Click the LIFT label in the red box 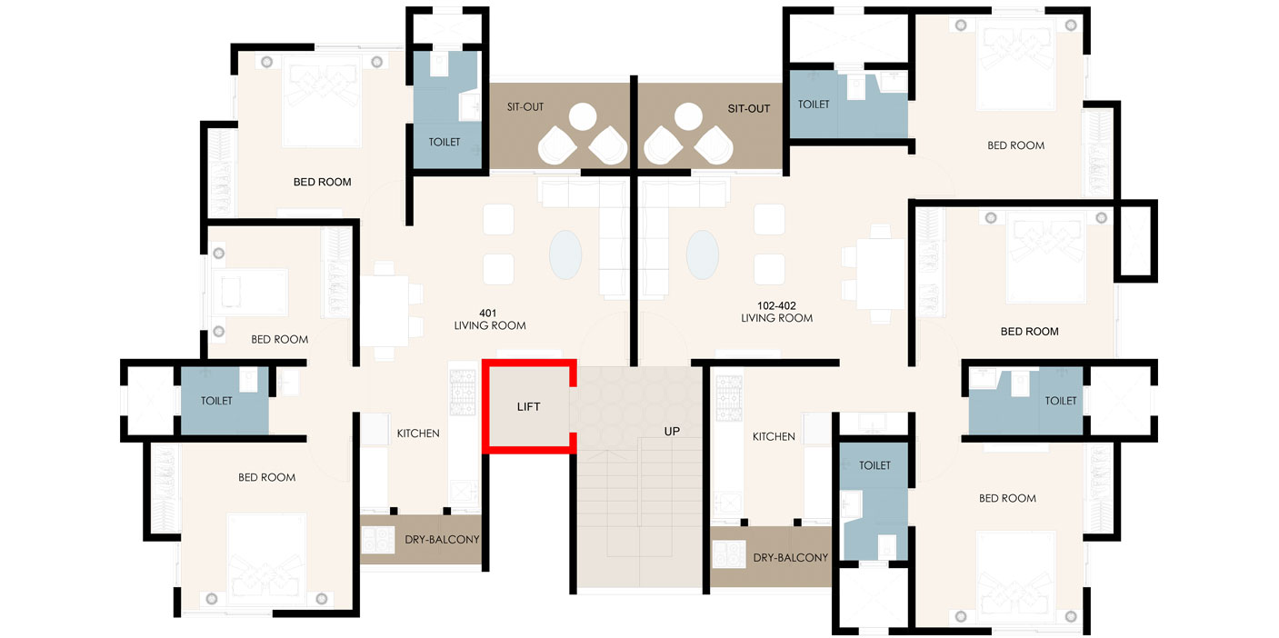click(x=528, y=407)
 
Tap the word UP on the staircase click(x=672, y=432)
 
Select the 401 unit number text click(x=487, y=314)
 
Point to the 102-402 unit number click(x=776, y=306)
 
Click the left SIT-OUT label click(x=525, y=106)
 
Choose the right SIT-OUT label click(x=748, y=108)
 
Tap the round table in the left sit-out click(x=583, y=116)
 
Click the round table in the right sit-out click(x=688, y=116)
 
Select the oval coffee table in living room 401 click(x=565, y=254)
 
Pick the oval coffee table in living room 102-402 click(x=703, y=254)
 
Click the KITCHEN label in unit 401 click(x=418, y=434)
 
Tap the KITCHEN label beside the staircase click(x=774, y=436)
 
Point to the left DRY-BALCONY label click(x=442, y=539)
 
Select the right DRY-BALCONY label click(x=790, y=557)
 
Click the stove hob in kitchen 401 click(x=463, y=392)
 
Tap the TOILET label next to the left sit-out click(x=445, y=142)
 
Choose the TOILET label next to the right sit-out click(x=814, y=105)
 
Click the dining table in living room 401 click(x=385, y=311)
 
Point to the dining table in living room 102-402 click(x=881, y=274)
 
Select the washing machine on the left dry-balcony click(x=377, y=540)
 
